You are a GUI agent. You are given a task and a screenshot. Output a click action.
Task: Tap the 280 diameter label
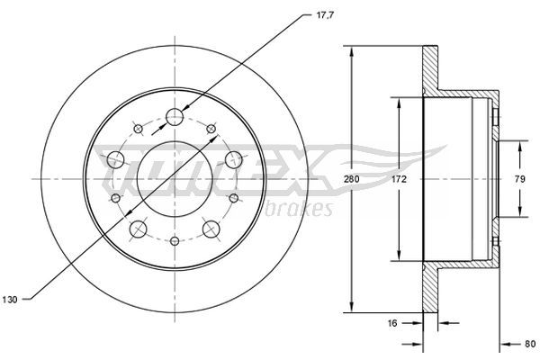(352, 180)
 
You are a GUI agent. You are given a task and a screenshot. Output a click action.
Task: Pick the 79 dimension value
(518, 179)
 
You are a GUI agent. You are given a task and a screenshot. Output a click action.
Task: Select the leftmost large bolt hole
(115, 160)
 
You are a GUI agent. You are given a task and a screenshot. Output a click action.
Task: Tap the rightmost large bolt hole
(234, 160)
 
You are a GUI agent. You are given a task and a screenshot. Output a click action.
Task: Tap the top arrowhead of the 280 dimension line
(352, 49)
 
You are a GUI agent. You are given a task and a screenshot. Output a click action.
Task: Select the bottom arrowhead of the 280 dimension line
(352, 309)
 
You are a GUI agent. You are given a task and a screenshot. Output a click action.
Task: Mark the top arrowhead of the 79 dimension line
(518, 143)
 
